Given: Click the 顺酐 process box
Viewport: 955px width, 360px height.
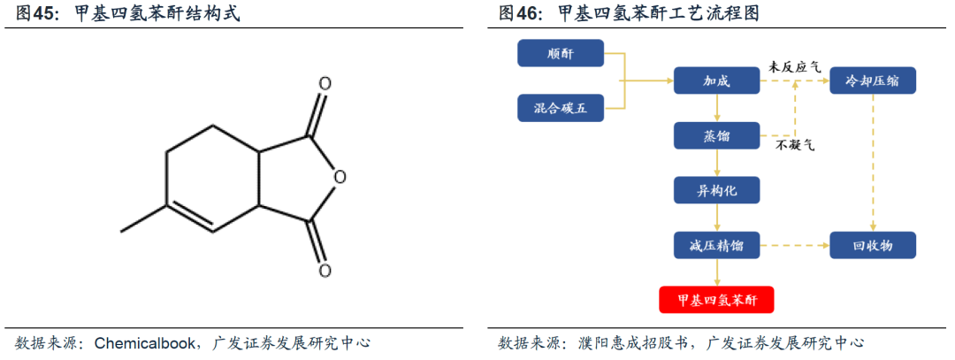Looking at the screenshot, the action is [x=560, y=55].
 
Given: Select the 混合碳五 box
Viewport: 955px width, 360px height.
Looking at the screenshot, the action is [x=560, y=109].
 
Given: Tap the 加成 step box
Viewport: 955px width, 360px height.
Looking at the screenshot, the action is [x=716, y=81].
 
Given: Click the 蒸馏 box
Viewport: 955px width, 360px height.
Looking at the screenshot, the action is [x=716, y=135].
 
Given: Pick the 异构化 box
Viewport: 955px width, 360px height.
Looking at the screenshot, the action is [x=716, y=190].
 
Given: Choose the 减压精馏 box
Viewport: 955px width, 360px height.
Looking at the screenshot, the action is [x=716, y=245].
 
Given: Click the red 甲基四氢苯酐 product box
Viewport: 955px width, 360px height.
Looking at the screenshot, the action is [x=716, y=300].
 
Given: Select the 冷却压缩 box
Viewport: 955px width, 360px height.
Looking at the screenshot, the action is [x=873, y=81].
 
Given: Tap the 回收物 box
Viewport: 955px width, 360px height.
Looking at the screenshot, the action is [x=873, y=245].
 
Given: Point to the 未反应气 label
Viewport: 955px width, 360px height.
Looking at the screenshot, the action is [x=794, y=67].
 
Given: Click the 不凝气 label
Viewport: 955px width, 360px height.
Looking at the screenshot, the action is [x=795, y=144].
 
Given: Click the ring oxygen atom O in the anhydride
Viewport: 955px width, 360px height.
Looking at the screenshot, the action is [x=340, y=177].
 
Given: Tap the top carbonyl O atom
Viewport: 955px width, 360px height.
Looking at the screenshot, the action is [x=325, y=85].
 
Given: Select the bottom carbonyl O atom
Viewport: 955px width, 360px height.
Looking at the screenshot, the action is [x=325, y=269].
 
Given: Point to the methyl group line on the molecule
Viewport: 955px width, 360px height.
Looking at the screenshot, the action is [x=142, y=220].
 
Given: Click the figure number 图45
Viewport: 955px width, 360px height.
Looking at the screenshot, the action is [x=32, y=13].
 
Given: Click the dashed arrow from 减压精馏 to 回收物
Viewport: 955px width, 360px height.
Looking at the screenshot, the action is [x=794, y=245].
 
